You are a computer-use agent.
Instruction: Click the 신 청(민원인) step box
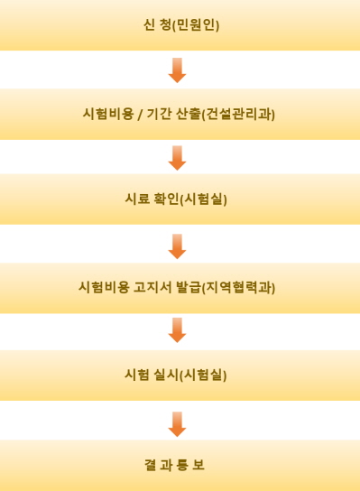point(180,25)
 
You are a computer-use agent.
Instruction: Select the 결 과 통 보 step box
point(180,465)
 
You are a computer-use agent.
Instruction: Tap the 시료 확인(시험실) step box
point(180,199)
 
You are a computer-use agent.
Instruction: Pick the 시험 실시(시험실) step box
point(180,375)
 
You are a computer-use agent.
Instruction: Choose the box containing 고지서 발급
point(180,288)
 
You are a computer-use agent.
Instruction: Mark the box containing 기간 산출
point(180,114)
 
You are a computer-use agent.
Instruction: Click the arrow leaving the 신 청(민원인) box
point(178,69)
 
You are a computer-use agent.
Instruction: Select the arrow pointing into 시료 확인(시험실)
point(178,157)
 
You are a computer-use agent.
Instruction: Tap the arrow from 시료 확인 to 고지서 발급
point(178,245)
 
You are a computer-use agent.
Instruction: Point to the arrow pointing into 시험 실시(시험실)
point(178,330)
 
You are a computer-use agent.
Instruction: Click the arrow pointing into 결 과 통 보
point(178,422)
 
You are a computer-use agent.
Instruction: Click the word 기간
point(159,114)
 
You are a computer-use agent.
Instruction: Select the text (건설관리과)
point(239,114)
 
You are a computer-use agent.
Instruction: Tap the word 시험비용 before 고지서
point(104,288)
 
